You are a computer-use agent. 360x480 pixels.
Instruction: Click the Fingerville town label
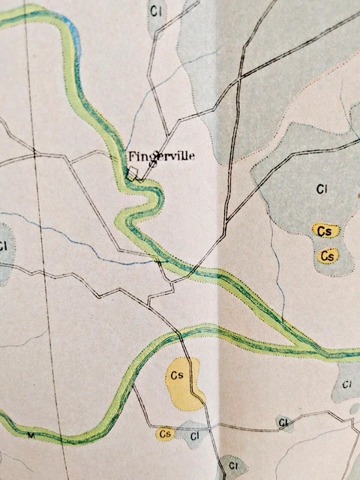point(161,156)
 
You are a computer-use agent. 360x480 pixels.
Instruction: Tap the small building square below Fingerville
point(132,173)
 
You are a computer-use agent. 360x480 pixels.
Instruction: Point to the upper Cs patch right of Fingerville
point(325,231)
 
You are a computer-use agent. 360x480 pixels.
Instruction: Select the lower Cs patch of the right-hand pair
point(326,256)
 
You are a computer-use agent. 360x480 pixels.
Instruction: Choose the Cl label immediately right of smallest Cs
point(194,434)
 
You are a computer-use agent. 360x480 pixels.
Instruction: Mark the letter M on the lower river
point(31,435)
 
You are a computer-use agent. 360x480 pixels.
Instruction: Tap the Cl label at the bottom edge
point(233,467)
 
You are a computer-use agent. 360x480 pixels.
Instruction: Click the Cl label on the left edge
point(4,246)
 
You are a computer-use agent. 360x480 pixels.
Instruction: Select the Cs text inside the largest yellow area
point(178,374)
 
